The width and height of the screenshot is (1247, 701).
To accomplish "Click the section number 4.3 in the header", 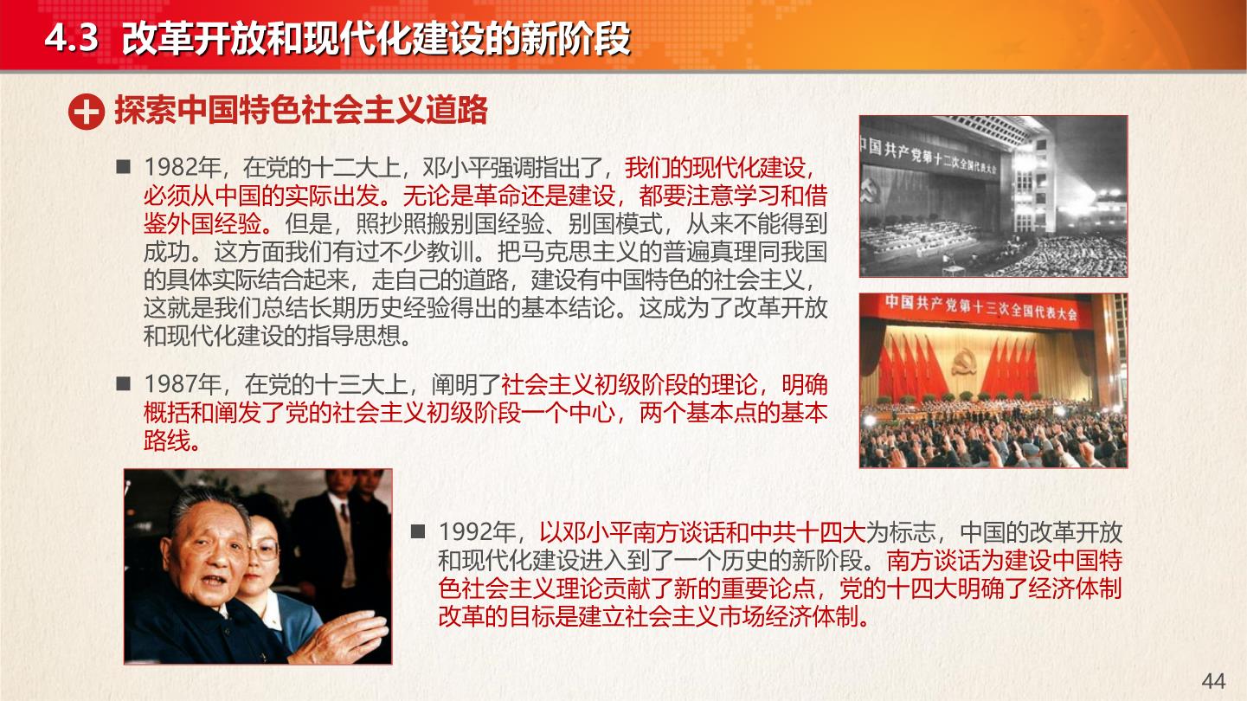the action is tap(71, 38).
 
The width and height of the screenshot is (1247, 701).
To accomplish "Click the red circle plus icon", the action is tap(87, 112).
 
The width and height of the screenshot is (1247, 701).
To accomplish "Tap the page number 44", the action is tap(1213, 681).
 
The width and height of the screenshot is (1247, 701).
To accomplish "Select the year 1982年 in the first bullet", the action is tap(181, 168).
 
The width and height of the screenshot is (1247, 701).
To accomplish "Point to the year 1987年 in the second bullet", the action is tap(182, 384).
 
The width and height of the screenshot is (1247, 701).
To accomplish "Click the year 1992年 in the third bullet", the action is tap(476, 533).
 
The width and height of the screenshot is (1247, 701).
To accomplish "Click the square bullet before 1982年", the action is tap(124, 167).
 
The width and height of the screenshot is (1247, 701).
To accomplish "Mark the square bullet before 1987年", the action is tap(124, 383).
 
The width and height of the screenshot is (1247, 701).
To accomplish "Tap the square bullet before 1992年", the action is tap(418, 531).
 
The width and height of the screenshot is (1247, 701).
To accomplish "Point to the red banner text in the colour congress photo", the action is tap(981, 308).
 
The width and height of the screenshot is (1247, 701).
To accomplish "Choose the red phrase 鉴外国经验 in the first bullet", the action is tap(202, 224).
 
